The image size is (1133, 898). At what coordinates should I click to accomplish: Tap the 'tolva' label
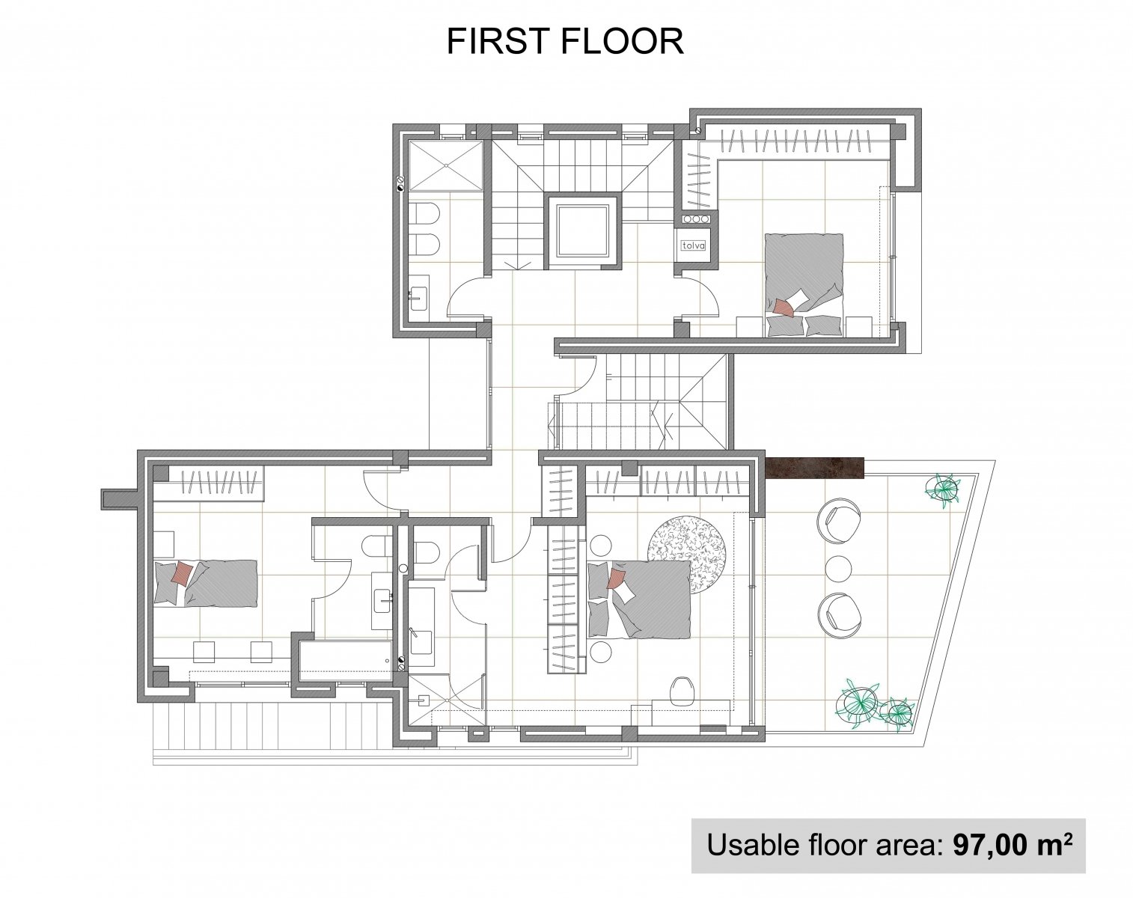[693, 245]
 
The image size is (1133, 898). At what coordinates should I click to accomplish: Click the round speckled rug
[686, 554]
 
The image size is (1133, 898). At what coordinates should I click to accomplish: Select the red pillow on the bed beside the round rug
[615, 578]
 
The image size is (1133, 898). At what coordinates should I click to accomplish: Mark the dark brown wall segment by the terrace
[815, 468]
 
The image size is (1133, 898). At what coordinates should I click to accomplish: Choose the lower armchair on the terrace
[840, 614]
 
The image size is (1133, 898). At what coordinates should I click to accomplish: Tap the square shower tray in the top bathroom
[445, 165]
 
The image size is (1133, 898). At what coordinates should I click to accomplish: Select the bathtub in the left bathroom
[346, 662]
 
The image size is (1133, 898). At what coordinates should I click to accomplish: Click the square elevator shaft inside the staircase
[581, 232]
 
